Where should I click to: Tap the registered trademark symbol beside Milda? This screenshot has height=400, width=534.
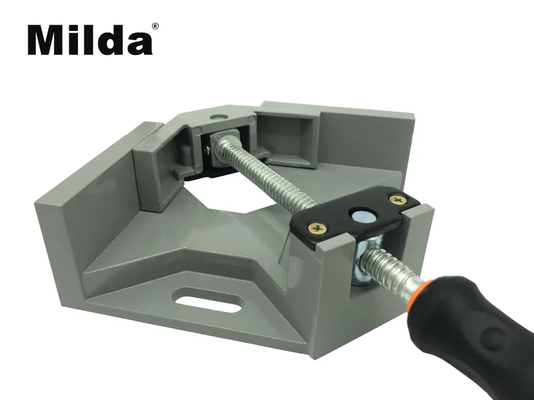(155, 27)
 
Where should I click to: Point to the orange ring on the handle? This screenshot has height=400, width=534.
(420, 292)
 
